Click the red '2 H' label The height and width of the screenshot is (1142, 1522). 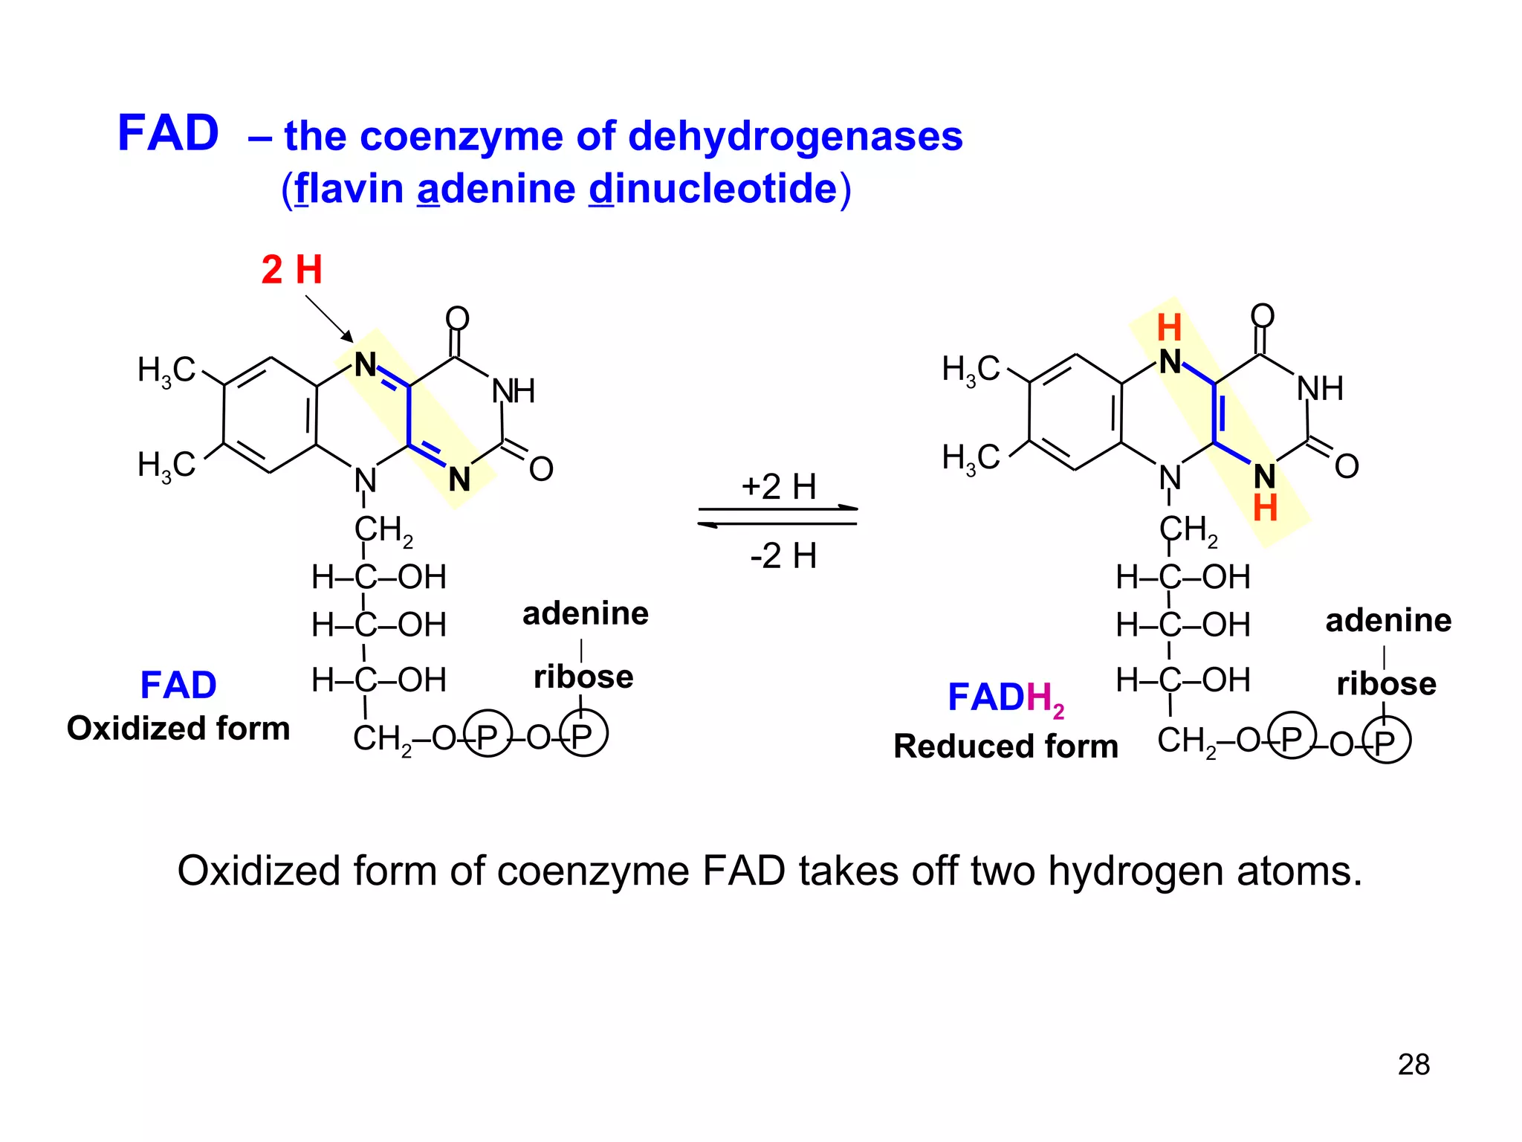click(291, 269)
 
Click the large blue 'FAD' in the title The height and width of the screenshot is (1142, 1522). click(168, 134)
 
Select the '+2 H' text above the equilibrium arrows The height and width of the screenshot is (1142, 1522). click(778, 487)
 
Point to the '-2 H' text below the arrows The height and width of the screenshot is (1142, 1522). click(783, 555)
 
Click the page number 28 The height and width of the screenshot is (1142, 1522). click(1413, 1065)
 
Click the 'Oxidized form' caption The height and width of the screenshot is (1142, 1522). click(178, 729)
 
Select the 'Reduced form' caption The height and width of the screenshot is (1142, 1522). click(1005, 746)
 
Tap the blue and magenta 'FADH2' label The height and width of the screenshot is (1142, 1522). click(1005, 699)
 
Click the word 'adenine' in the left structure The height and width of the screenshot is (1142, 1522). click(585, 614)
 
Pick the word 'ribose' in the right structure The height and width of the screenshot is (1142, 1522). click(1386, 684)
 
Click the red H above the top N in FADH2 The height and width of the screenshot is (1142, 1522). click(1169, 328)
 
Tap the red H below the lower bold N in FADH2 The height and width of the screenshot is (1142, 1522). click(1265, 509)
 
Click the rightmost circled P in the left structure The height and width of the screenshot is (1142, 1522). click(583, 735)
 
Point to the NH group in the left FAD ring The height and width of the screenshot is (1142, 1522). click(514, 391)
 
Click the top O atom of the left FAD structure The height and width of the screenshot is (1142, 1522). click(457, 319)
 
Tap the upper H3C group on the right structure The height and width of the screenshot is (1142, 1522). click(971, 369)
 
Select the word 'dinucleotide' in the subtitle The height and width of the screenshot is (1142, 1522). click(713, 189)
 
